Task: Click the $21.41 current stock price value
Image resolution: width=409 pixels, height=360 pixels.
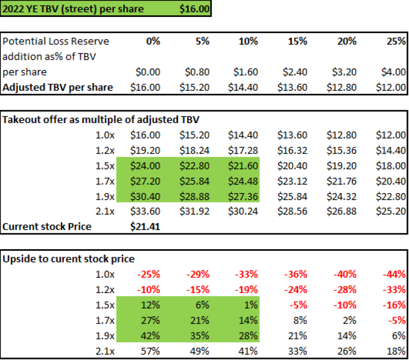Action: (x=145, y=226)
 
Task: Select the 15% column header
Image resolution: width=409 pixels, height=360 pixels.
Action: (x=297, y=41)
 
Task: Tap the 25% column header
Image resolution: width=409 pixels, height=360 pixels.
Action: (x=396, y=41)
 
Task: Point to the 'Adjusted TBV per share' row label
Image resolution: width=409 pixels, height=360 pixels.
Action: (x=58, y=87)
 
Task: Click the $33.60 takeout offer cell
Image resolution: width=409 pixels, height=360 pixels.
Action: (x=145, y=211)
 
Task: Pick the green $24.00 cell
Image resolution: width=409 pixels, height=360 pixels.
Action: (x=145, y=166)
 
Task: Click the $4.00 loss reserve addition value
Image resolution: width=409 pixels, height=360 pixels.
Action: (x=395, y=72)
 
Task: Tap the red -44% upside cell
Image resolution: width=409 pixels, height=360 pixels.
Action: (x=395, y=274)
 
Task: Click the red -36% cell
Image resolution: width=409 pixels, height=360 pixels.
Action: (x=296, y=274)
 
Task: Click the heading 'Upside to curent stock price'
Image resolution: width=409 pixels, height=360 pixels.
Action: (x=69, y=259)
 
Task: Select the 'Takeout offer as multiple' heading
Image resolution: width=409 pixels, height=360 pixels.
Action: (x=101, y=120)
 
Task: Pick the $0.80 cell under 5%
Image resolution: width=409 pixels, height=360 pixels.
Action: (x=197, y=72)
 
